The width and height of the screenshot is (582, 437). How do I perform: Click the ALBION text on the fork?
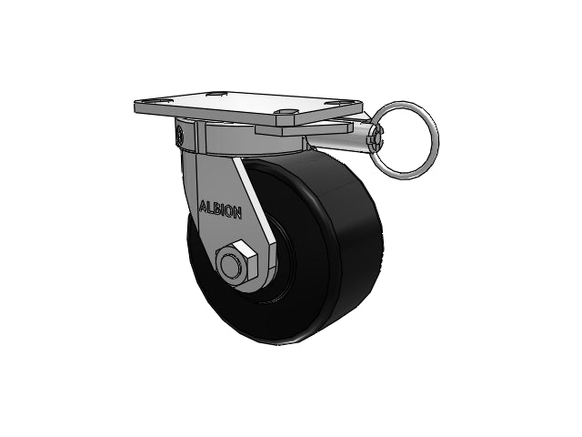(221, 210)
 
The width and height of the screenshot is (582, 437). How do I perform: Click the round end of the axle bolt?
(230, 265)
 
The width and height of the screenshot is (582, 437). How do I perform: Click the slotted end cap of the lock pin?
(376, 138)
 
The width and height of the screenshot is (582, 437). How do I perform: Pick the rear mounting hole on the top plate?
(216, 93)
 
